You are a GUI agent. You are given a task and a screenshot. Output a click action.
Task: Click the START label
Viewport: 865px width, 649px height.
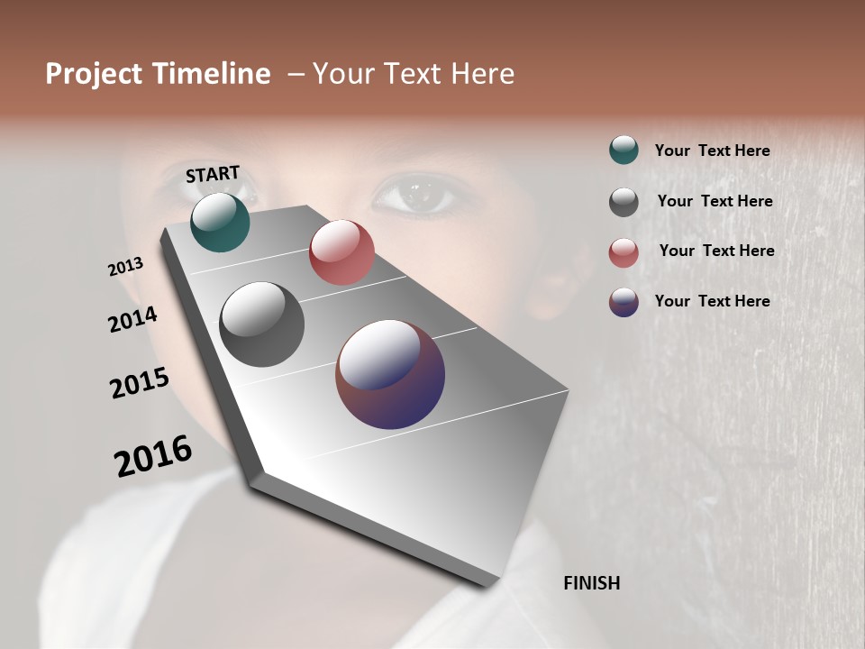coord(213,174)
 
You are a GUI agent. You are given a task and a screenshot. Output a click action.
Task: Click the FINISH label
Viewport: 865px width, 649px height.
coord(591,583)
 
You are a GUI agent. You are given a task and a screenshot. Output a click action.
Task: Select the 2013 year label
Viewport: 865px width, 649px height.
coord(125,267)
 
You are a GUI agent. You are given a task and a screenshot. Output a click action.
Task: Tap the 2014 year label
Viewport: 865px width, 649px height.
coord(132,320)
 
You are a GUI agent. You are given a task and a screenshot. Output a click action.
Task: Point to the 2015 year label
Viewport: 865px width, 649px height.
coord(140,383)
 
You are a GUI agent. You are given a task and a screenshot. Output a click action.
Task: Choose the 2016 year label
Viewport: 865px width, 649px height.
coord(153,456)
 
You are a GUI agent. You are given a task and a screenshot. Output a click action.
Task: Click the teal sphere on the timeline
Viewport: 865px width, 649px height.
coord(220,222)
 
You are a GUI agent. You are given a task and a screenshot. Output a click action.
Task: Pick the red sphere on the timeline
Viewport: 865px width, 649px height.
coord(341,252)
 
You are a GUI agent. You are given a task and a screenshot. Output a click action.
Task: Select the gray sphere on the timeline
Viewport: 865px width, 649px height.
coord(262,324)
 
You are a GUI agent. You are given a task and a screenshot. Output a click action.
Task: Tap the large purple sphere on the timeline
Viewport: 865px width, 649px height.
coord(390,374)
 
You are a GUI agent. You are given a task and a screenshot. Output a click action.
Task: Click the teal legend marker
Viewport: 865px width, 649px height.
coord(624,151)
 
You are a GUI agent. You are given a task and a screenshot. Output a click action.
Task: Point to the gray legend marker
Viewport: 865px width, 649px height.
coord(624,202)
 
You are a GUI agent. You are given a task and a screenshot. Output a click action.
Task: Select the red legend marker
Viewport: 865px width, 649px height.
coord(624,252)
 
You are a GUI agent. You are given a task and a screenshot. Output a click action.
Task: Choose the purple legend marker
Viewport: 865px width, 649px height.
coord(624,302)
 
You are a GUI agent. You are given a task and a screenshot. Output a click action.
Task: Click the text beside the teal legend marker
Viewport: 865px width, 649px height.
coord(712,151)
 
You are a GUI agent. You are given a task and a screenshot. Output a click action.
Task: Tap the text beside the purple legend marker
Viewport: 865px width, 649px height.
coord(712,301)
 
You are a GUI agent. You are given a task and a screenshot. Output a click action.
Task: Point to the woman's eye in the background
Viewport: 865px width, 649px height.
coord(414,194)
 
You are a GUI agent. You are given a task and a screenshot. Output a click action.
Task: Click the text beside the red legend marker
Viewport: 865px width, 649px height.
coord(716,251)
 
